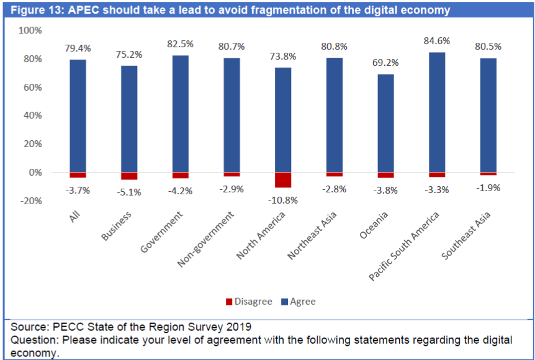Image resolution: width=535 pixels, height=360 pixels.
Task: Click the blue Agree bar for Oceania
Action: pyautogui.click(x=385, y=123)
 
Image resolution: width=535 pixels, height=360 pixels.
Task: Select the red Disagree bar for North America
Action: pyautogui.click(x=283, y=180)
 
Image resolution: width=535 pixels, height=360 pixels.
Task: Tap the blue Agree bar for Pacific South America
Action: pyautogui.click(x=437, y=112)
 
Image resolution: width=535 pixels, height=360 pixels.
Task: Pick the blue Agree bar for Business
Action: pyautogui.click(x=129, y=119)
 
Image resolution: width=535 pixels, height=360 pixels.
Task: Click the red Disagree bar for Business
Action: pyautogui.click(x=129, y=176)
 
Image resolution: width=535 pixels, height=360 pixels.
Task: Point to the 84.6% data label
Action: pyautogui.click(x=437, y=41)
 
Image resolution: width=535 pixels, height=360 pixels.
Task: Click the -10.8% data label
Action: pyautogui.click(x=283, y=200)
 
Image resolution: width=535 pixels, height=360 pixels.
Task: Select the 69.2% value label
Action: pyautogui.click(x=385, y=63)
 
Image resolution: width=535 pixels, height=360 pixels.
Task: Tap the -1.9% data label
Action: pyautogui.click(x=488, y=187)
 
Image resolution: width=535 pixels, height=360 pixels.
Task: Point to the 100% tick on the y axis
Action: pyautogui.click(x=30, y=30)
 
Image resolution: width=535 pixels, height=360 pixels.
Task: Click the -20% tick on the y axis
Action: pyautogui.click(x=30, y=200)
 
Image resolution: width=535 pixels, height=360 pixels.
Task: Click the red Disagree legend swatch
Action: pyautogui.click(x=228, y=302)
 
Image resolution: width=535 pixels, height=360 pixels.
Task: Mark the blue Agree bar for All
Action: pyautogui.click(x=78, y=115)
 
